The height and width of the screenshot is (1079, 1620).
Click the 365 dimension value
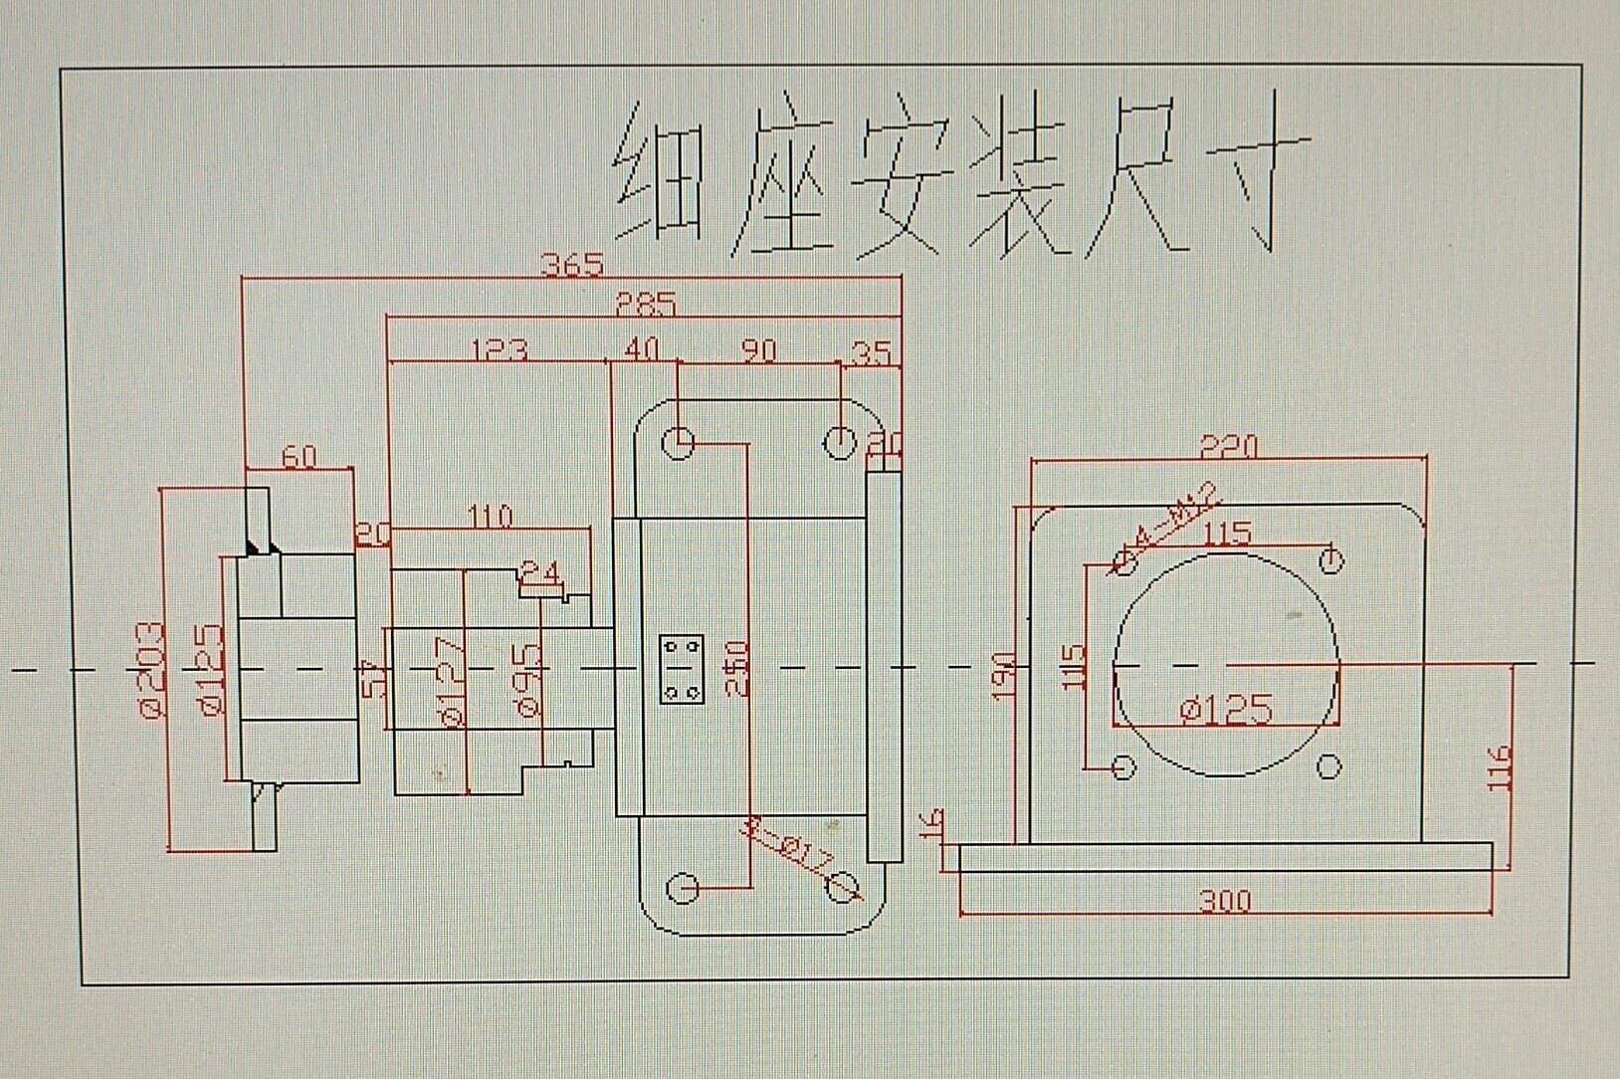(572, 265)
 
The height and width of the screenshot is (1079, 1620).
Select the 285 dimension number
(645, 304)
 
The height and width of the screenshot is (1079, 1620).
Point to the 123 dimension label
(499, 349)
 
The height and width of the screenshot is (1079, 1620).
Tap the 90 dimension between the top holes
(759, 350)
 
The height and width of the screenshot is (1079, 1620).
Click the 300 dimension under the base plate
(1224, 901)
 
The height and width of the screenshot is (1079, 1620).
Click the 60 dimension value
(299, 456)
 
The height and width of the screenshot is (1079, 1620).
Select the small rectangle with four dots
(683, 668)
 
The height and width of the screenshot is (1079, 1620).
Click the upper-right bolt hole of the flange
(1329, 559)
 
